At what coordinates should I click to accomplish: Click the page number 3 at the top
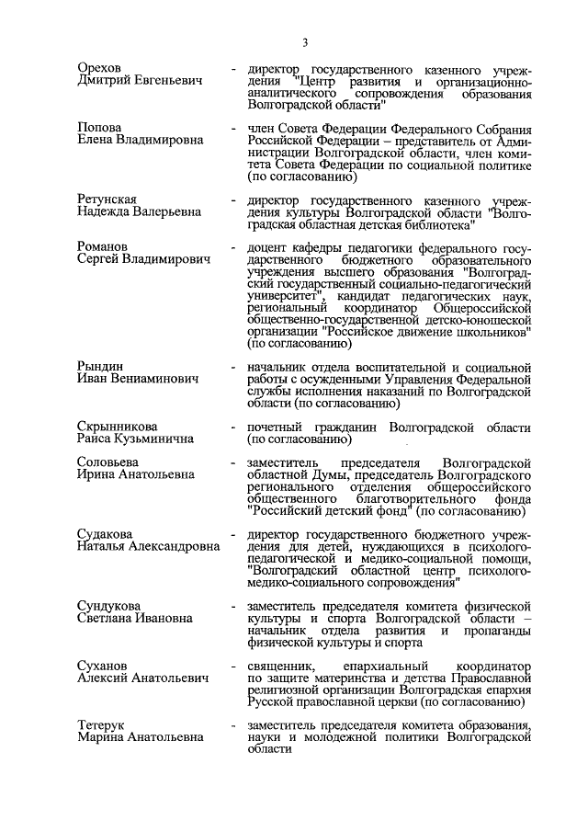304,40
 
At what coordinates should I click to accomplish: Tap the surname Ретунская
107,199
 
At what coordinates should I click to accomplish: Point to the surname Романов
103,247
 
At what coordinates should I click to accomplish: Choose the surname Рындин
100,367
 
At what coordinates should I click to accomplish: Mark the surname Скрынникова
117,427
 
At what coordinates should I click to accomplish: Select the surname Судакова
105,534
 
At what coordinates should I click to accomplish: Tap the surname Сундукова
110,606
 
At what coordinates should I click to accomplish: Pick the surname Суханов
104,666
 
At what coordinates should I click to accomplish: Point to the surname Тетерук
104,725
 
